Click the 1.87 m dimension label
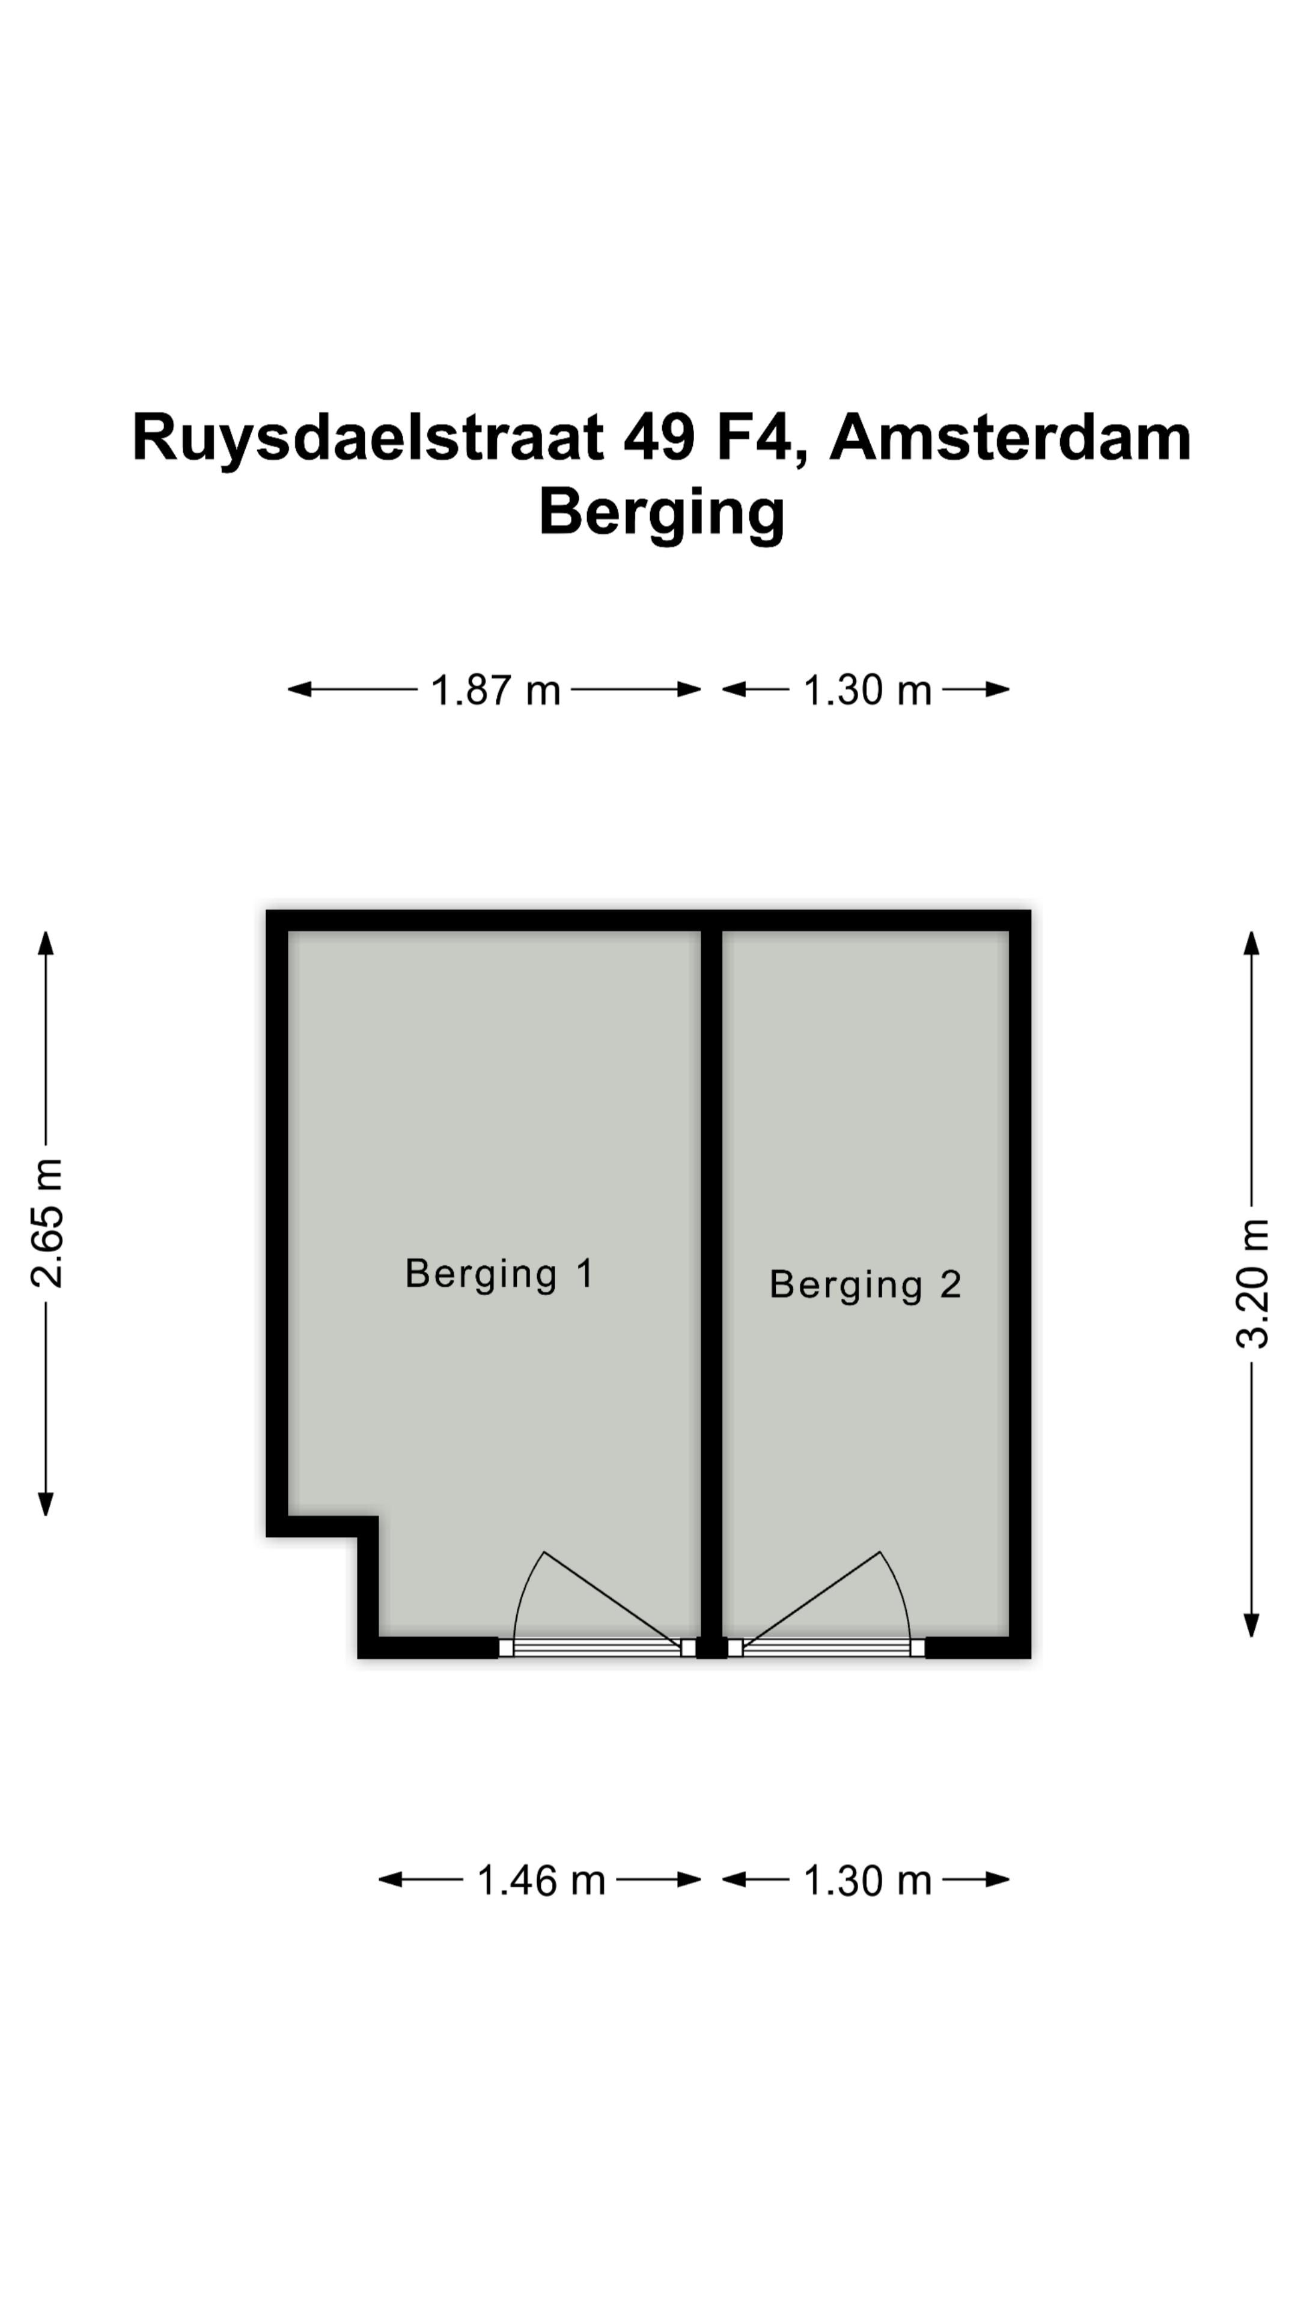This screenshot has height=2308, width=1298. [x=495, y=690]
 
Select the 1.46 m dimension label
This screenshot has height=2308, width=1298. [x=541, y=1879]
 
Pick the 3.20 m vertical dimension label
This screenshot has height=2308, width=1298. [x=1252, y=1283]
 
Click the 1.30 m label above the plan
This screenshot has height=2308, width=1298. [x=867, y=690]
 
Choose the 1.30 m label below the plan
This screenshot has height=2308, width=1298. [x=867, y=1879]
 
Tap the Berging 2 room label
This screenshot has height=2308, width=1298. [x=865, y=1285]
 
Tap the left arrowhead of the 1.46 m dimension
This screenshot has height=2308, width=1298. [x=391, y=1879]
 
